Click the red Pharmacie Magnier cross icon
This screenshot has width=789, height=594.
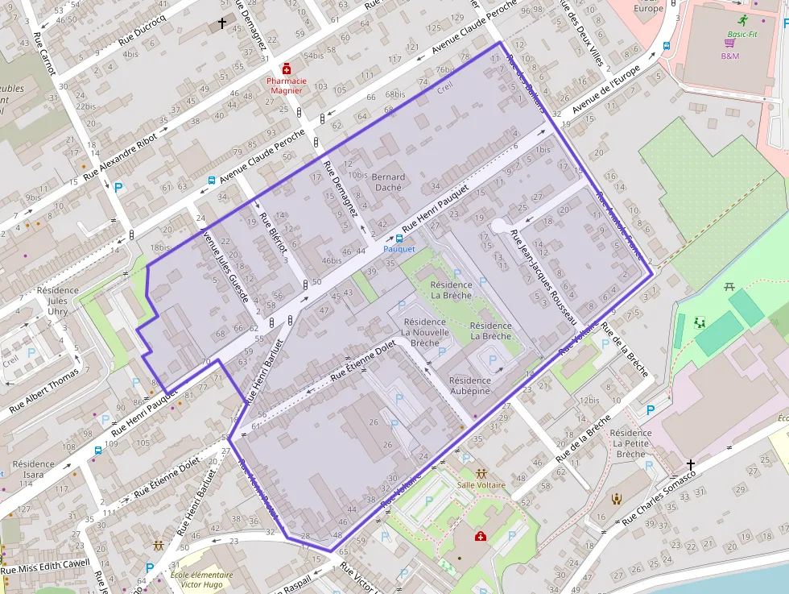[286, 69]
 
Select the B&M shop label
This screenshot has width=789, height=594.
[729, 56]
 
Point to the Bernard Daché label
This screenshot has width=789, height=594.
[389, 182]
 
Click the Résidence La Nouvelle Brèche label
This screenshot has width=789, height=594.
[425, 331]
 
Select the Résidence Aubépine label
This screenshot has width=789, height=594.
[469, 385]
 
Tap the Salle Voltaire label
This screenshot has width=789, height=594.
[481, 485]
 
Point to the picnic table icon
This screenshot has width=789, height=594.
[732, 286]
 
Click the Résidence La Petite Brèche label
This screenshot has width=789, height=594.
[630, 443]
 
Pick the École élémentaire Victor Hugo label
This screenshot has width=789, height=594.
[200, 580]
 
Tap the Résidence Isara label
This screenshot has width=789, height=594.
[33, 469]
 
